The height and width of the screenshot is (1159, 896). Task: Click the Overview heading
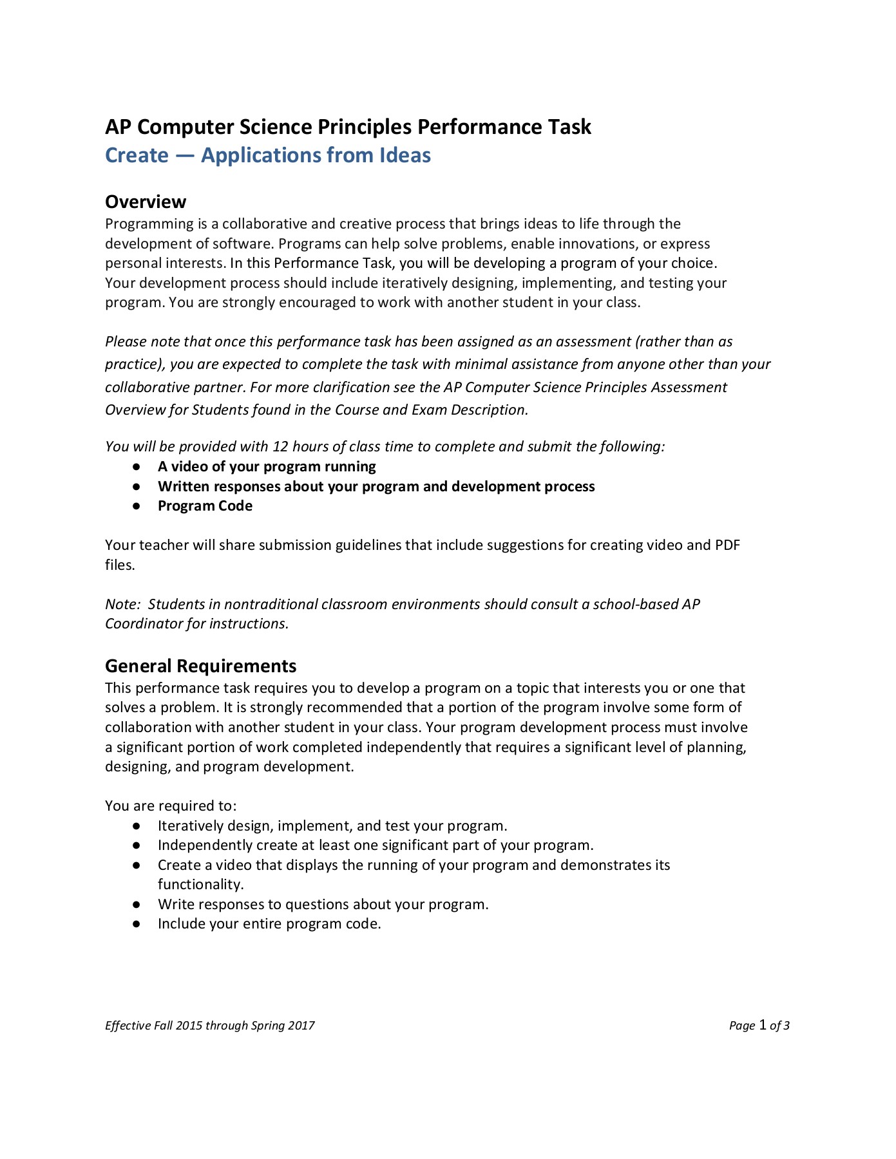pos(146,202)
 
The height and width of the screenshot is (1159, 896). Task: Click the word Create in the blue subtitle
pos(137,155)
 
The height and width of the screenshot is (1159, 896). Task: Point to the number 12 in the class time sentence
pos(280,447)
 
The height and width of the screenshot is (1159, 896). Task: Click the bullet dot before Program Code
pos(137,506)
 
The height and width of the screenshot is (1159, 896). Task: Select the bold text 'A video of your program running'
pos(267,466)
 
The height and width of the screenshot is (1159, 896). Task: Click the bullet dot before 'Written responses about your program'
pos(137,487)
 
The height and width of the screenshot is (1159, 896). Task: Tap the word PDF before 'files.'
pos(727,545)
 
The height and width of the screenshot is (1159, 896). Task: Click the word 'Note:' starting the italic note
pos(122,604)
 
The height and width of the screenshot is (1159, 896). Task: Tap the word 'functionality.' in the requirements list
pos(200,885)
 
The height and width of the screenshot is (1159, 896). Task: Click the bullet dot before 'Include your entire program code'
pos(137,924)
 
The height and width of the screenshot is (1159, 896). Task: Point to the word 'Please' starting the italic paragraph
pos(126,342)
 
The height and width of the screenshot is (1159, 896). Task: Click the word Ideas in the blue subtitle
pos(405,155)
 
